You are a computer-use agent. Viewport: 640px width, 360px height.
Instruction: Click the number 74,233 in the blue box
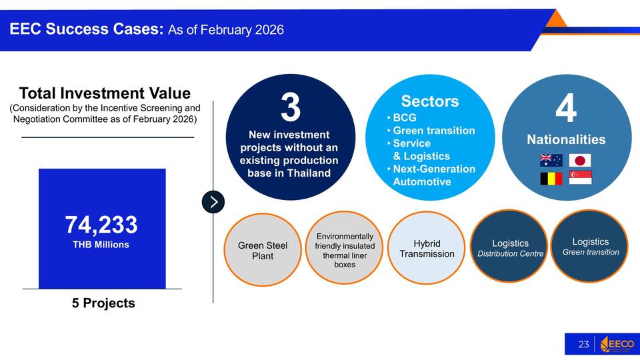pyautogui.click(x=101, y=225)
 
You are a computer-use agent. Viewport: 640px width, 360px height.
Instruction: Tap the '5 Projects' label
pyautogui.click(x=103, y=303)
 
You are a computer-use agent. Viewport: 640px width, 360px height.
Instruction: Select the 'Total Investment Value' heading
pyautogui.click(x=105, y=93)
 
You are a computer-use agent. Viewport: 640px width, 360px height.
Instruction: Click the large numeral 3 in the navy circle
pyautogui.click(x=290, y=107)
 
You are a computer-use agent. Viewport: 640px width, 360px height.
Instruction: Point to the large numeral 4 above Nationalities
pyautogui.click(x=566, y=108)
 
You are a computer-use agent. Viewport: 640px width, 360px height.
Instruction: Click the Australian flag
pyautogui.click(x=551, y=161)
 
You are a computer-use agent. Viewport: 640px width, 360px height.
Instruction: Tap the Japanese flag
pyautogui.click(x=580, y=161)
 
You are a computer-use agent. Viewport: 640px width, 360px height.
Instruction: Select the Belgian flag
pyautogui.click(x=551, y=179)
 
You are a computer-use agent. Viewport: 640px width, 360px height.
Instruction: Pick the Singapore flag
pyautogui.click(x=581, y=178)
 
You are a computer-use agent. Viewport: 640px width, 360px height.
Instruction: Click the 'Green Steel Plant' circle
pyautogui.click(x=263, y=250)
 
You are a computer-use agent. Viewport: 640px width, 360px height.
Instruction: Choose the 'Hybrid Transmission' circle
pyautogui.click(x=427, y=248)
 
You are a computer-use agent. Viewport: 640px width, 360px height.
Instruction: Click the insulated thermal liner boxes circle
pyautogui.click(x=345, y=248)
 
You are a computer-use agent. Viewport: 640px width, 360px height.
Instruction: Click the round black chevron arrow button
pyautogui.click(x=213, y=202)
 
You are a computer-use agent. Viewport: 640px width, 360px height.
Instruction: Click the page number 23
pyautogui.click(x=584, y=345)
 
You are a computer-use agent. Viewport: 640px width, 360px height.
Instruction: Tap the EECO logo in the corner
pyautogui.click(x=617, y=344)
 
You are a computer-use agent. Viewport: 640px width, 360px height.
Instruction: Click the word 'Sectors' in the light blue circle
pyautogui.click(x=430, y=101)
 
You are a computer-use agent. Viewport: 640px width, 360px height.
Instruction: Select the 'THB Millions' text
pyautogui.click(x=101, y=245)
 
